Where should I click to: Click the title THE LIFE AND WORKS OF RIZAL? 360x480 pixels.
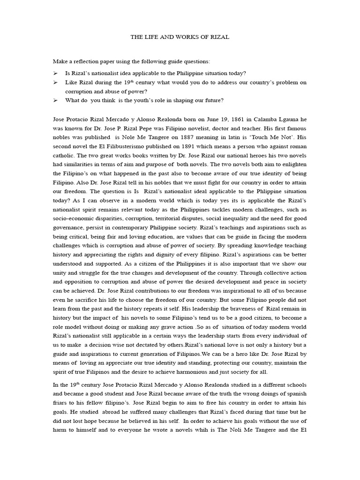(180, 37)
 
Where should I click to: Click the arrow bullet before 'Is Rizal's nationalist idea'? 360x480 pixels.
(55, 73)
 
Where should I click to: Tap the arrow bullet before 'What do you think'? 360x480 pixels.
(55, 100)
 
